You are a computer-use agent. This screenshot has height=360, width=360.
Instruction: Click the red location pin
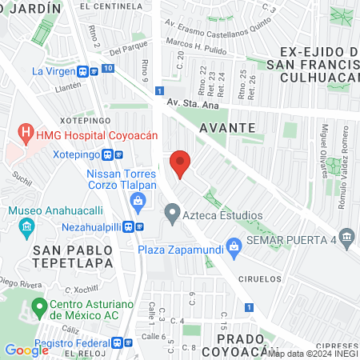[x=181, y=164]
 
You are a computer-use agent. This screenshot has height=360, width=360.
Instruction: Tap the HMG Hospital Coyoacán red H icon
[x=27, y=132]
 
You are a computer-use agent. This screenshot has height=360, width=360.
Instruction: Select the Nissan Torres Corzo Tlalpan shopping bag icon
[x=139, y=199]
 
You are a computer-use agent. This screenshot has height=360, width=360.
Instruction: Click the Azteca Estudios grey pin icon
[x=170, y=214]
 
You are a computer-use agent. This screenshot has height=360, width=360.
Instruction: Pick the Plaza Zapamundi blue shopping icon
[x=234, y=245]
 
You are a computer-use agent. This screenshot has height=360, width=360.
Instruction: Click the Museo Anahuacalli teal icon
[x=26, y=226]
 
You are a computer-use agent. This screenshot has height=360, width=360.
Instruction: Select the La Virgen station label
[x=58, y=70]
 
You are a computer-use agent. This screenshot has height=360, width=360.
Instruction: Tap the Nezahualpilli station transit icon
[x=140, y=226]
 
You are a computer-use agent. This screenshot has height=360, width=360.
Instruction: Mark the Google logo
[x=26, y=350]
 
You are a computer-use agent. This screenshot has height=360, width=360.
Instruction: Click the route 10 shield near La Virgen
[x=108, y=70]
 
